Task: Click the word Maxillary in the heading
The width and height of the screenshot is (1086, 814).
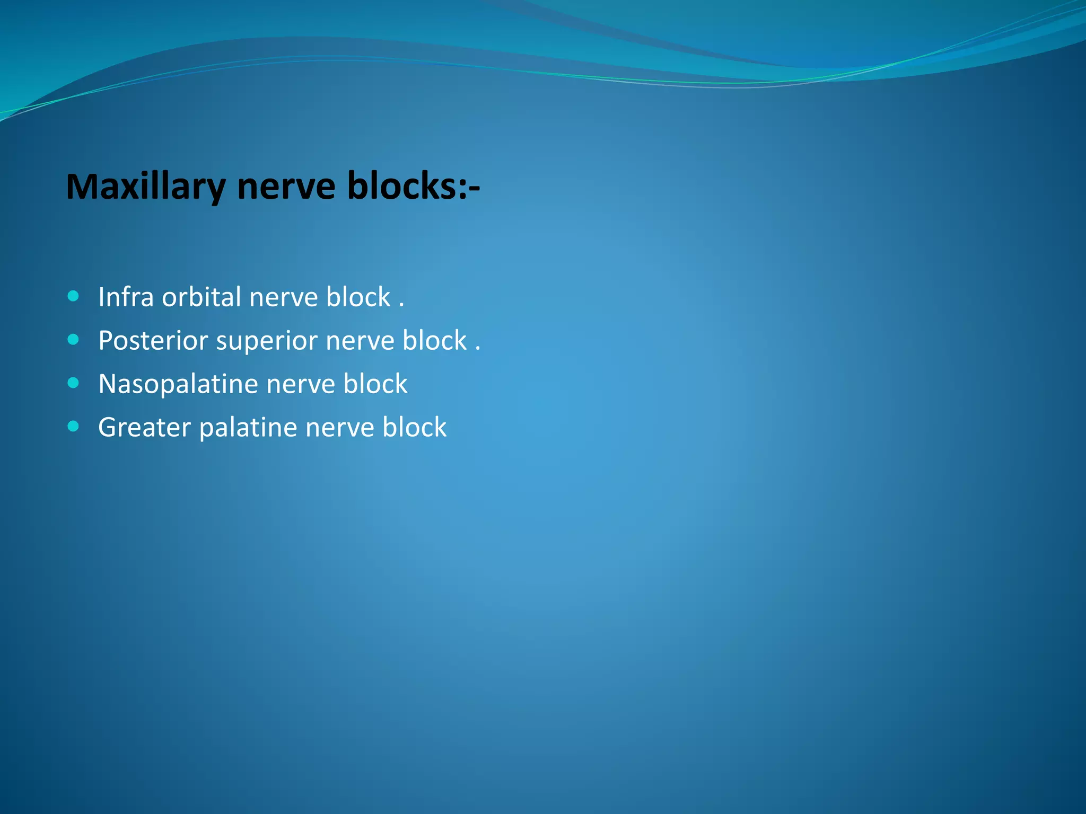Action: (145, 187)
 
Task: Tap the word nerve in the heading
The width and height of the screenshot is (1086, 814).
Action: (286, 187)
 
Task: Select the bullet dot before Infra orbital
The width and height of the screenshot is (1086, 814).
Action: (74, 296)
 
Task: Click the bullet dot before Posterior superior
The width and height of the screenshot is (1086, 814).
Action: (74, 339)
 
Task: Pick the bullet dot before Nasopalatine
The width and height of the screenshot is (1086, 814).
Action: (74, 383)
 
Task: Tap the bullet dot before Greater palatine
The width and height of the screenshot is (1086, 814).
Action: (74, 426)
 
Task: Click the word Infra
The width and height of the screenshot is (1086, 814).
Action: (126, 297)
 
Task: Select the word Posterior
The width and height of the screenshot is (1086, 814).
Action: (153, 340)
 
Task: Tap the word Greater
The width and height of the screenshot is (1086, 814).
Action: (144, 427)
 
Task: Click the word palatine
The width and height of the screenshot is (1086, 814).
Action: (248, 428)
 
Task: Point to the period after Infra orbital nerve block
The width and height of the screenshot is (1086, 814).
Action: (401, 305)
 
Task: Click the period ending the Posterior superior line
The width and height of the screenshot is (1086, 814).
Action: (478, 349)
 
